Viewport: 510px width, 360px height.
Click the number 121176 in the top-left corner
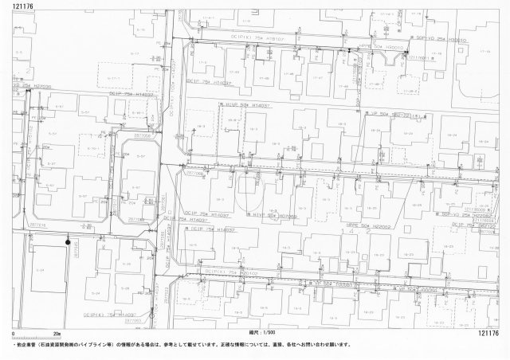click(18, 6)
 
